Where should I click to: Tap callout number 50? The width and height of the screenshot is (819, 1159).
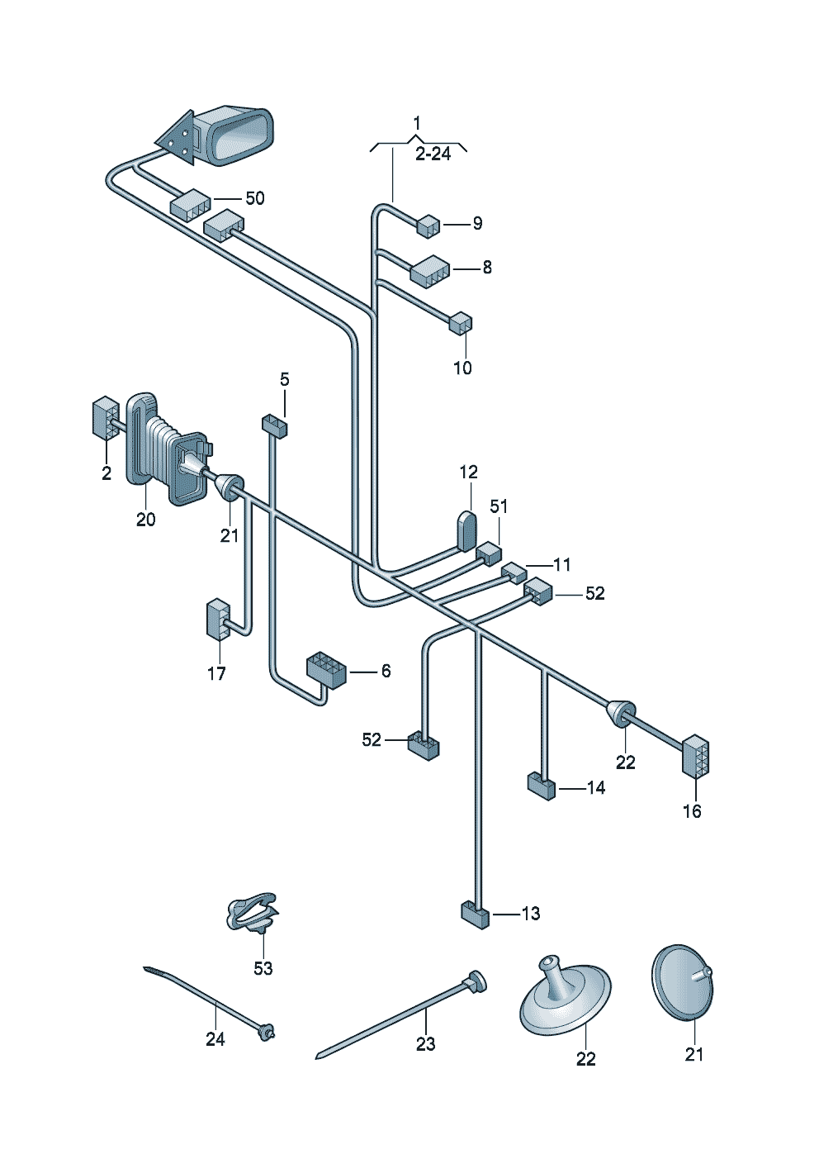pos(254,198)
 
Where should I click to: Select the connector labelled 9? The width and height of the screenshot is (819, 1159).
pos(428,225)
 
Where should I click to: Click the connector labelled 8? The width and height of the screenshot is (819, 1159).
pos(429,270)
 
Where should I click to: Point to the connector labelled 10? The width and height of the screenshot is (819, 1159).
pos(461,323)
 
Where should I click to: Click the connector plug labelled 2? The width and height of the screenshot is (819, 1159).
pos(105,419)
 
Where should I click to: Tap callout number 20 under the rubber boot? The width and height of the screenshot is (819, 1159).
pos(145,520)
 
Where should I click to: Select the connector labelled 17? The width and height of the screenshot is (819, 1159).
pos(217,620)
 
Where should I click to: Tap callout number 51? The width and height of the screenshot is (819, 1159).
pos(499,506)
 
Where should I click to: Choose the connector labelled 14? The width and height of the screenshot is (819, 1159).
pos(542,785)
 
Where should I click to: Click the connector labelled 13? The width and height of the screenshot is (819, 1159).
pos(475,914)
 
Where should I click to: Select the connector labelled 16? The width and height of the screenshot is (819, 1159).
pos(694,756)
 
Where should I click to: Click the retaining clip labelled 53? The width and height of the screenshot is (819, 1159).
pos(252,913)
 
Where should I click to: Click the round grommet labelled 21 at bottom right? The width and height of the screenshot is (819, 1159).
pos(682,983)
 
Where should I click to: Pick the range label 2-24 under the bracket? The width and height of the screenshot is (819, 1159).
pos(433,154)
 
